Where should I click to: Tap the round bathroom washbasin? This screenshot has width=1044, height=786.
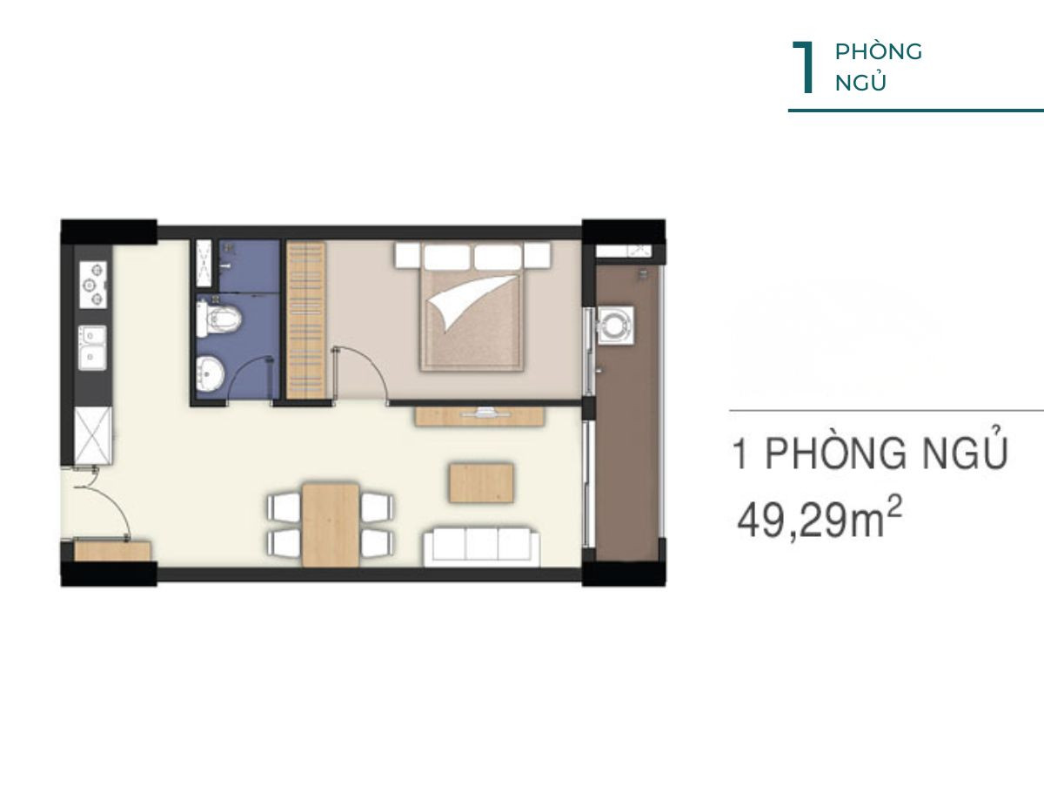210,374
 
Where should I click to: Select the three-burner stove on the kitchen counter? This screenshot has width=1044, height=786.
93,285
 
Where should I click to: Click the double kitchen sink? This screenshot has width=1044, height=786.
92,348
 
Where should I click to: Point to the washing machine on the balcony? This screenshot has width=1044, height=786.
615,325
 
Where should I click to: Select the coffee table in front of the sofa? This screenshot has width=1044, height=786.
481,483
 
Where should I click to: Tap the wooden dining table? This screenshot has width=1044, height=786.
331,525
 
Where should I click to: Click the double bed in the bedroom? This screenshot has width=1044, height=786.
472,307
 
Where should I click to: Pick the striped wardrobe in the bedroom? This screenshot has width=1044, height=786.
306,320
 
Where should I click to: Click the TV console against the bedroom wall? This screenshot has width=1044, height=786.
479,416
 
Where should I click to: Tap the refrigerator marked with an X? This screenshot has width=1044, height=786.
93,435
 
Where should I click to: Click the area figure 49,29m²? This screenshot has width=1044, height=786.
819,522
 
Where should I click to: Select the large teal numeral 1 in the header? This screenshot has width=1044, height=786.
804,67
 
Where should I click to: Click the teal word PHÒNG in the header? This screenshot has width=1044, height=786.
879,51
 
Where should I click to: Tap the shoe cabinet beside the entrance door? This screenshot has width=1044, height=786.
113,550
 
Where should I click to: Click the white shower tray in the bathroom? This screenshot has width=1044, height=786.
204,263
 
